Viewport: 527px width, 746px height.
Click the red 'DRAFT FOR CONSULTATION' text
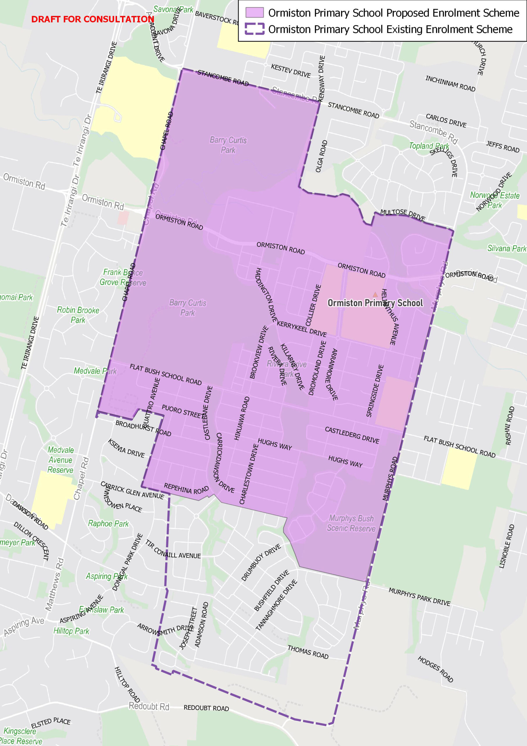point(93,20)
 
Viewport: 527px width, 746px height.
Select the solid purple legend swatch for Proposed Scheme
point(254,12)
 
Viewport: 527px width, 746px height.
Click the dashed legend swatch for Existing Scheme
point(254,29)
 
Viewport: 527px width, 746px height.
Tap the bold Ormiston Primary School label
point(375,303)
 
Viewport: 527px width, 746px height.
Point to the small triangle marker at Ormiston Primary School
point(375,295)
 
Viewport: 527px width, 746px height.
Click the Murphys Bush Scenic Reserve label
point(351,523)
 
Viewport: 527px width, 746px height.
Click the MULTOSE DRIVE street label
point(403,214)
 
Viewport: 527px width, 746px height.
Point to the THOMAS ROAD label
point(308,652)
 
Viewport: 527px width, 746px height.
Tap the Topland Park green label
point(429,146)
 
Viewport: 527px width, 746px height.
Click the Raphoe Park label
point(108,523)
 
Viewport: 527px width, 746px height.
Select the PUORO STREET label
point(183,412)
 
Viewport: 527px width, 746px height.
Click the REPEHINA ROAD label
point(186,488)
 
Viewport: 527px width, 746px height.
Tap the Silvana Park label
point(507,249)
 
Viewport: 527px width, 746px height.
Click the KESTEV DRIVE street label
point(291,71)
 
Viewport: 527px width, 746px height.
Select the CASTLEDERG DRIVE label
point(352,435)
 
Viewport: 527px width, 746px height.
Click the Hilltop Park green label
point(71,631)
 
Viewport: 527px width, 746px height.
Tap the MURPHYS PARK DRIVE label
point(419,597)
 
